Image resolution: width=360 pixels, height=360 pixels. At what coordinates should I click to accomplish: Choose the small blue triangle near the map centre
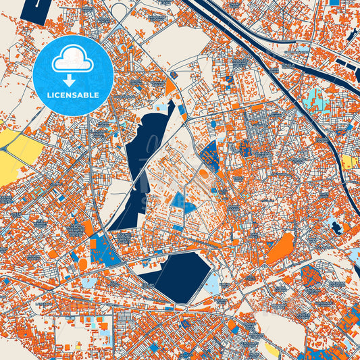pyautogui.click(x=178, y=201)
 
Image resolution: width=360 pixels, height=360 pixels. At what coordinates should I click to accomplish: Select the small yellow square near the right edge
pyautogui.click(x=349, y=161)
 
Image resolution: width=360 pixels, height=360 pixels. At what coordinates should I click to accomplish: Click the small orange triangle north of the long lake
pyautogui.click(x=171, y=88)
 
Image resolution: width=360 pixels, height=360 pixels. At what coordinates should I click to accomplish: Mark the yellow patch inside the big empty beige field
pyautogui.click(x=271, y=347)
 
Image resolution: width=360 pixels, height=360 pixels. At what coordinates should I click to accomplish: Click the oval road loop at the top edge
pyautogui.click(x=120, y=9)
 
